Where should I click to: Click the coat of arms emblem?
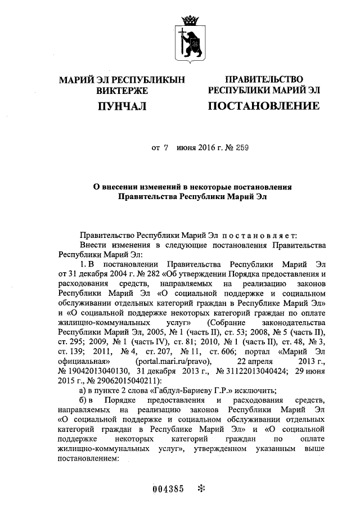click(189, 39)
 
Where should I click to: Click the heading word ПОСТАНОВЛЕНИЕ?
click(264, 106)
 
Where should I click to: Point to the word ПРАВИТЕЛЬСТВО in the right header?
click(264, 79)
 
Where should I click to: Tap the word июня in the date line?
click(187, 148)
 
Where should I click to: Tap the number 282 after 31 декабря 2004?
click(148, 274)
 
